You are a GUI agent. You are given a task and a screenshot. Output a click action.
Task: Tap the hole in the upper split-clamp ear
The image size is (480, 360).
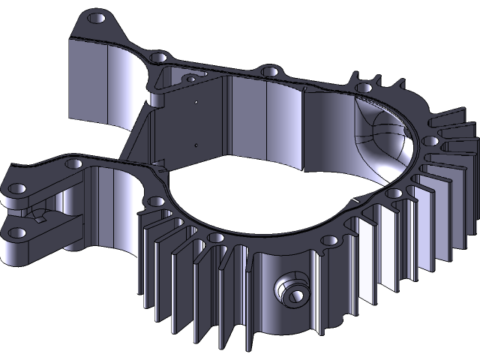click(16, 188)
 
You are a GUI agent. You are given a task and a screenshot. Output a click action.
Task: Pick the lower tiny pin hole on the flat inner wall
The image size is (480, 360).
click(195, 145)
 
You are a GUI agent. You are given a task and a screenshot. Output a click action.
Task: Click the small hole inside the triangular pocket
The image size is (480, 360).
click(191, 78)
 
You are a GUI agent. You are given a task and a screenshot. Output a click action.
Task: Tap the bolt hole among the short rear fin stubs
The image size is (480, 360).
click(364, 88)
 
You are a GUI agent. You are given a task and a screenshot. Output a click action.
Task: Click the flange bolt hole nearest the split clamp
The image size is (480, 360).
click(74, 163)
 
